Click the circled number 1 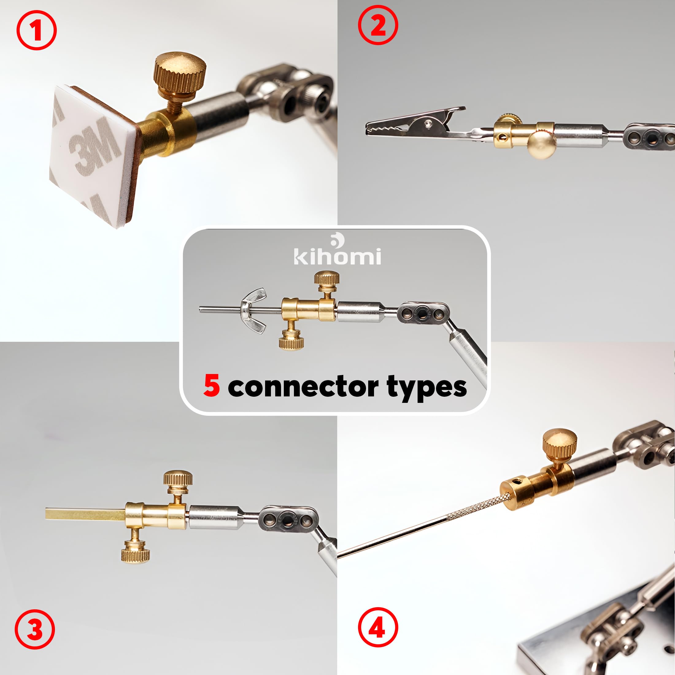click(x=36, y=30)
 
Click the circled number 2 click(x=378, y=25)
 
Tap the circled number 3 click(x=35, y=629)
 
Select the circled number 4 click(x=378, y=627)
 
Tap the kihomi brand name click(x=337, y=256)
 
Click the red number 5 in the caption click(x=212, y=386)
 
